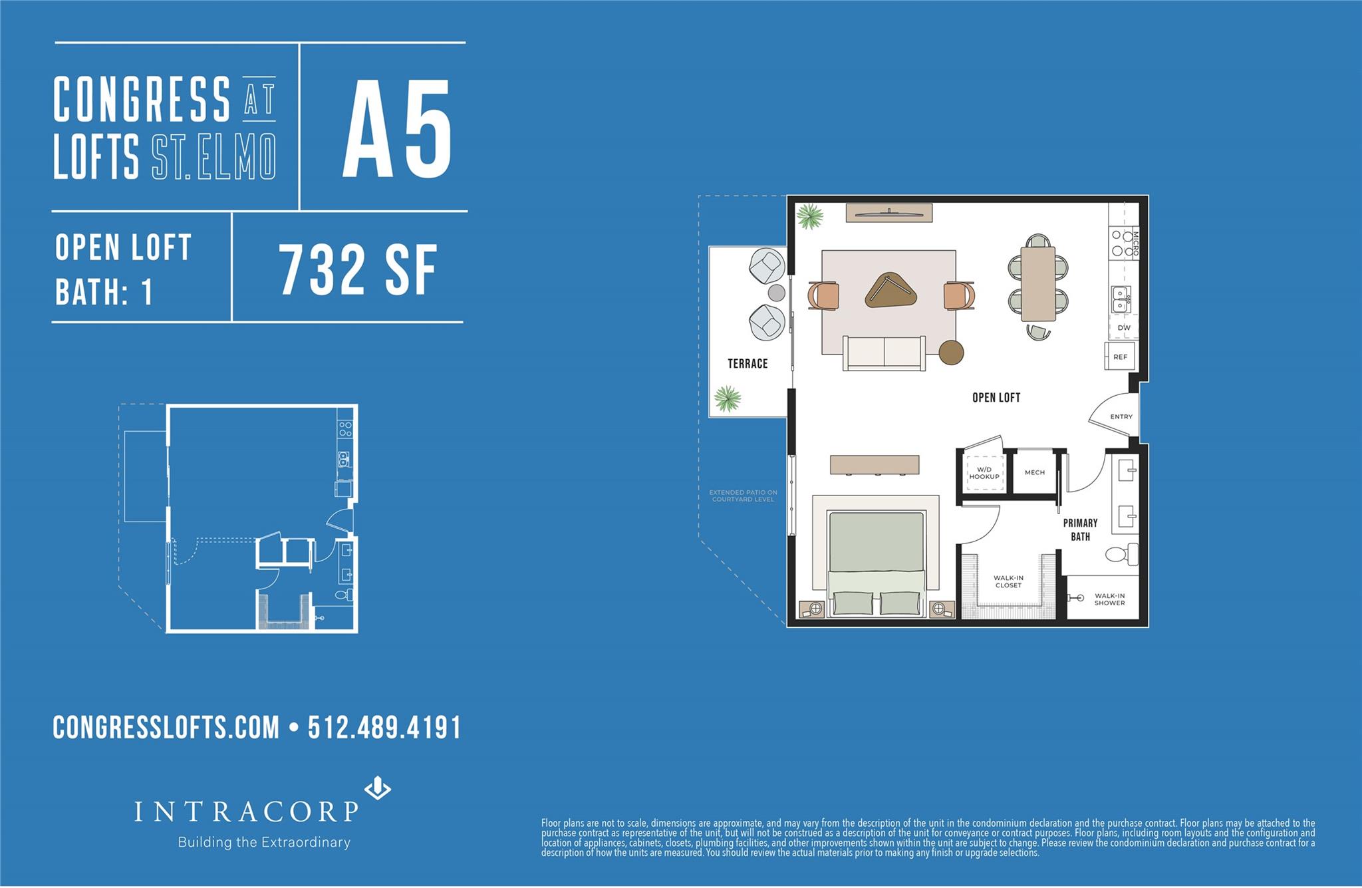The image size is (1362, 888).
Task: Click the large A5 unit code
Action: (397, 128)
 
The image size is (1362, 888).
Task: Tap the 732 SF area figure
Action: (358, 269)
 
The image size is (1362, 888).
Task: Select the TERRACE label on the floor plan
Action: (748, 363)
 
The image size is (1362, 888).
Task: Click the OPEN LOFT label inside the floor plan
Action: (996, 397)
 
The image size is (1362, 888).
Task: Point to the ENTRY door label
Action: (1121, 416)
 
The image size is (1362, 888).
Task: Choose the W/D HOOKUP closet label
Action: (984, 473)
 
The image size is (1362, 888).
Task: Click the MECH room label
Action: (1034, 472)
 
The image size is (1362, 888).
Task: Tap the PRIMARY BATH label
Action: (1080, 529)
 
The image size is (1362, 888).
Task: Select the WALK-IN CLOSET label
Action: (1008, 581)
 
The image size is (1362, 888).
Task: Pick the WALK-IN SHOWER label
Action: (1109, 599)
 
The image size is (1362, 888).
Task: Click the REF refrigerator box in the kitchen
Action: (1120, 357)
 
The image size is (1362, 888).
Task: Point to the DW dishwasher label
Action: (1123, 327)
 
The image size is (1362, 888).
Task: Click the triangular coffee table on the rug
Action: (890, 291)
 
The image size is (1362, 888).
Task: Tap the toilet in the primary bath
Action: (1123, 553)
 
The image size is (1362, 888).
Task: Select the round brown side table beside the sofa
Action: (951, 352)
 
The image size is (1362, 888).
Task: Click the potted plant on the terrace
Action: (727, 398)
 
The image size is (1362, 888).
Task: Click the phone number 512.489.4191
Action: (384, 727)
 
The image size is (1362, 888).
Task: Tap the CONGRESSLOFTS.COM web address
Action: (166, 727)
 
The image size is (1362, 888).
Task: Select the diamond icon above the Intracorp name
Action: (378, 788)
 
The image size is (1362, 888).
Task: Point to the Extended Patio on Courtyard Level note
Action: (743, 496)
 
